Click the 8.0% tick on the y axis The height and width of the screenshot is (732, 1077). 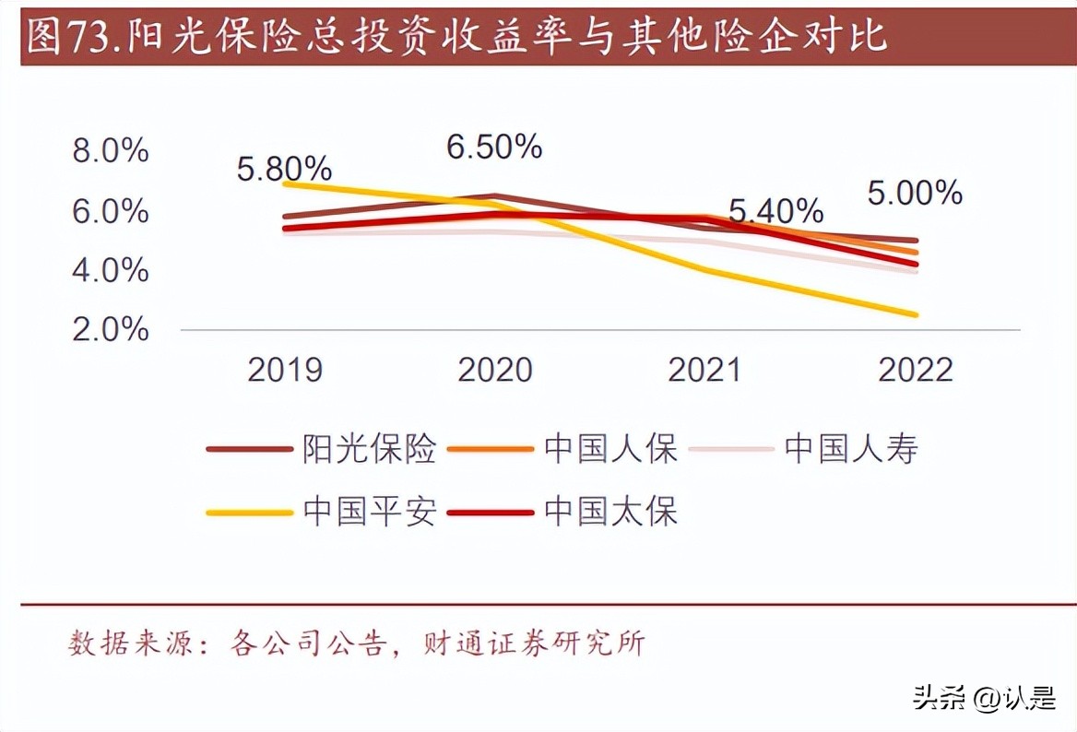[111, 151]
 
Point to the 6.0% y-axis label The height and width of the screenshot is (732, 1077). [111, 211]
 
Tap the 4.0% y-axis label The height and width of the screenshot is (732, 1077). [111, 270]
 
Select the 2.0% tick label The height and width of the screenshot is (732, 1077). [111, 329]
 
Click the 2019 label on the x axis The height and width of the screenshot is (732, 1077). [286, 370]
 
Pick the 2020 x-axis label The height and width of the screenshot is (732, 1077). [495, 370]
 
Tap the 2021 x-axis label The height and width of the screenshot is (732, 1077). [704, 370]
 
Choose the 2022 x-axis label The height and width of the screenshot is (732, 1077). [915, 370]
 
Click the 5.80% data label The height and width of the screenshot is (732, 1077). [284, 169]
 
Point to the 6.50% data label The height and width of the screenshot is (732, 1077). [494, 147]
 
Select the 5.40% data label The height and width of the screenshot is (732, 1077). [775, 211]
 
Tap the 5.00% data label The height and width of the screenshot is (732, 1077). [915, 193]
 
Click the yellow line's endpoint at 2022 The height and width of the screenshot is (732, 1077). [915, 315]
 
